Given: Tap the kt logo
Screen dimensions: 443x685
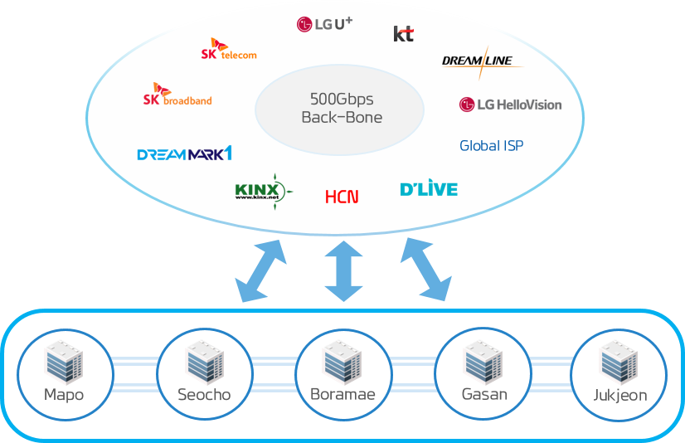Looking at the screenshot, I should [x=403, y=33].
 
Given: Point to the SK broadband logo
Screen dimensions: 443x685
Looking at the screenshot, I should [x=177, y=95].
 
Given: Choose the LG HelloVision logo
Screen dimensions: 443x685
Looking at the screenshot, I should [x=510, y=105].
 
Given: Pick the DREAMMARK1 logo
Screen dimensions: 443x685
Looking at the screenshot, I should [x=184, y=153].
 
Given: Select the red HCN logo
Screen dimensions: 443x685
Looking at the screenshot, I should [x=342, y=197].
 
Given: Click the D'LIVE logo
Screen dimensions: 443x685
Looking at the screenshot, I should [x=429, y=189].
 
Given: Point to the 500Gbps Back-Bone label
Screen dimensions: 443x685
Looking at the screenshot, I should [x=342, y=108].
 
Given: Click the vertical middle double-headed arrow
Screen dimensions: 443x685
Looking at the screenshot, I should [x=344, y=270].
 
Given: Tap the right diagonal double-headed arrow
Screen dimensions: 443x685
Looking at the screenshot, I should [x=425, y=269].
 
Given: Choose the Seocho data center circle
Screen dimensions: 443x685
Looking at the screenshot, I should [x=204, y=375].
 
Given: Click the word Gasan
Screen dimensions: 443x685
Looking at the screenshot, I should [x=484, y=394].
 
